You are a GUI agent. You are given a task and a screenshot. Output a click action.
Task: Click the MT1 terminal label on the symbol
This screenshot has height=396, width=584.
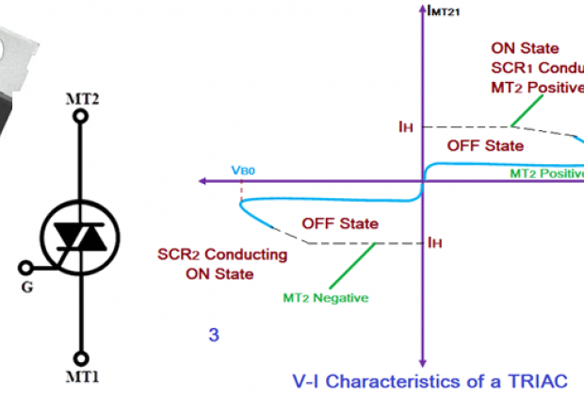coord(81,377)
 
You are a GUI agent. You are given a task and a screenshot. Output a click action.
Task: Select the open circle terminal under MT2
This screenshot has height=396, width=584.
coord(80,117)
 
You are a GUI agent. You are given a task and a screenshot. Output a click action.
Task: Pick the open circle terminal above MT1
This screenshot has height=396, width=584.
coord(81,358)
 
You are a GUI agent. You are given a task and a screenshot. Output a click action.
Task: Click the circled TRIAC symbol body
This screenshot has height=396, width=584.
coord(81,239)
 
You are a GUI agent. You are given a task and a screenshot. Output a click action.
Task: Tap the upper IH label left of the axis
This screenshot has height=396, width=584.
coord(406,125)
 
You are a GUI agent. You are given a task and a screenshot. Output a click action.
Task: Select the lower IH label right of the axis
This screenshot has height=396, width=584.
coord(435,242)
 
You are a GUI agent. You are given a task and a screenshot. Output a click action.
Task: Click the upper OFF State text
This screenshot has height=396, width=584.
coord(484,145)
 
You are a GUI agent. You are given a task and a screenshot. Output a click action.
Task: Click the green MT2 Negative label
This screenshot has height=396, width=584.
coord(325,298)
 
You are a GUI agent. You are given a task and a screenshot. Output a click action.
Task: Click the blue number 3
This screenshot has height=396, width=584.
coord(214,334)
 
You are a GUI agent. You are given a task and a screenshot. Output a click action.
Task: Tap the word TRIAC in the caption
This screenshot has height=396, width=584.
coord(535,381)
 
